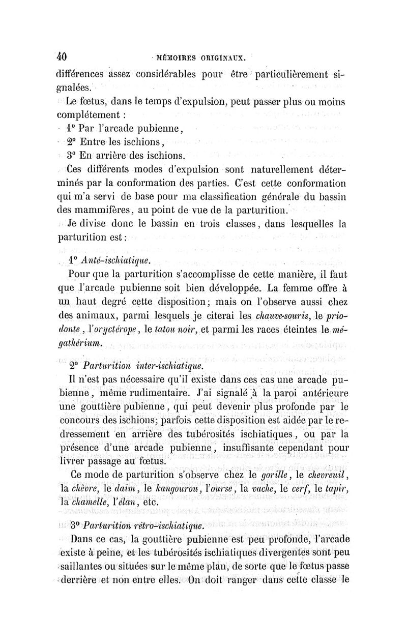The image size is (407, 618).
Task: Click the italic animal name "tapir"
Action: point(336,489)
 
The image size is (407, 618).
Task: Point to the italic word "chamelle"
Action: point(92,503)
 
